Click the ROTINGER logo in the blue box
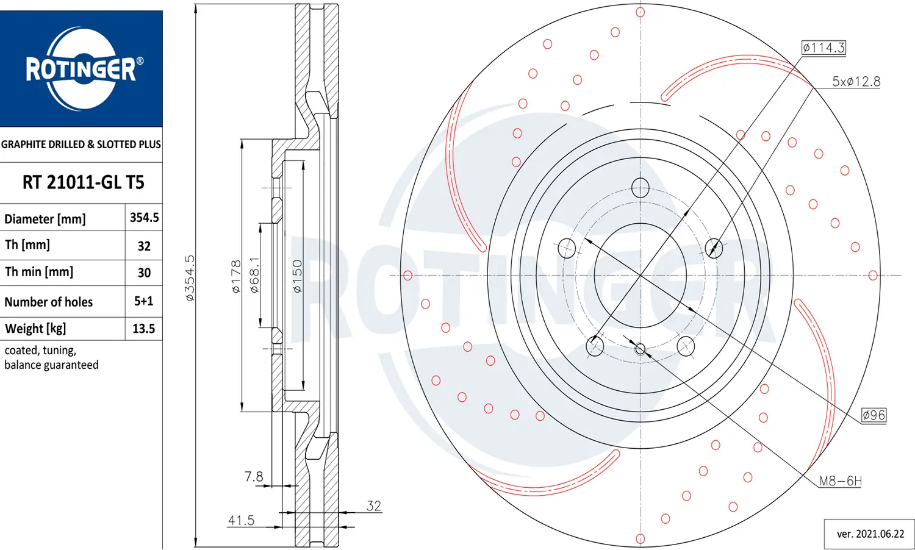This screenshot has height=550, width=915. point(81,68)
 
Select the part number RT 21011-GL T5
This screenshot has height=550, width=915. point(83,182)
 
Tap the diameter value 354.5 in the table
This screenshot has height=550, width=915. point(144,218)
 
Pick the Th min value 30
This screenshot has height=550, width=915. point(144,273)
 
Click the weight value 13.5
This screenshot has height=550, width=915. point(143,329)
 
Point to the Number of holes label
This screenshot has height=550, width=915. point(49,302)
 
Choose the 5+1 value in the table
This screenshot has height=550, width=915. point(144,301)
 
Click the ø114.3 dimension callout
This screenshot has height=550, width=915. point(823,48)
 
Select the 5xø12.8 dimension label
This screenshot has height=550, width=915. point(856,82)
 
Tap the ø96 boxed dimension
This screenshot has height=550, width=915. point(874,415)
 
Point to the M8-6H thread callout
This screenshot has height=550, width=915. point(840,481)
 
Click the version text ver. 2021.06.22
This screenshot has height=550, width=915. point(870,534)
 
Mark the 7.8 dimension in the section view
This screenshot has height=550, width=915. point(254,476)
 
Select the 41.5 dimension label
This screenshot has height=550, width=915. point(241,520)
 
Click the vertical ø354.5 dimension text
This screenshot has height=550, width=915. point(190,278)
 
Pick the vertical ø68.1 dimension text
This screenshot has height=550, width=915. point(254,275)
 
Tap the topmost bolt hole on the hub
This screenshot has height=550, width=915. point(640,188)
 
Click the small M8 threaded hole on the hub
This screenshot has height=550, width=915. point(640,349)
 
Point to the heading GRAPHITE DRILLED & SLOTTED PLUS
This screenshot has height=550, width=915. point(81,145)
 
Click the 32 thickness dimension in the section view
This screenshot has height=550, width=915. point(373,505)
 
